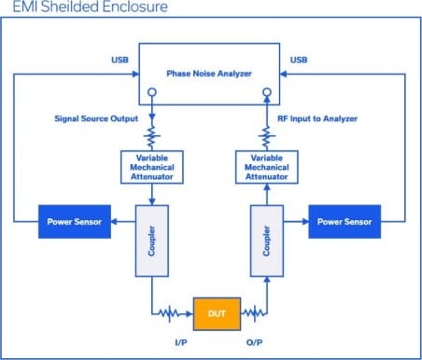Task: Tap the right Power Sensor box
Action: (x=345, y=222)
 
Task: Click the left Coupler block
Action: (x=151, y=241)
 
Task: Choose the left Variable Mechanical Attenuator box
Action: (x=152, y=166)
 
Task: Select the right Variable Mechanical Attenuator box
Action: (x=267, y=166)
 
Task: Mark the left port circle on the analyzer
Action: (x=152, y=93)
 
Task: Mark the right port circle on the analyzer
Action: (x=267, y=93)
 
